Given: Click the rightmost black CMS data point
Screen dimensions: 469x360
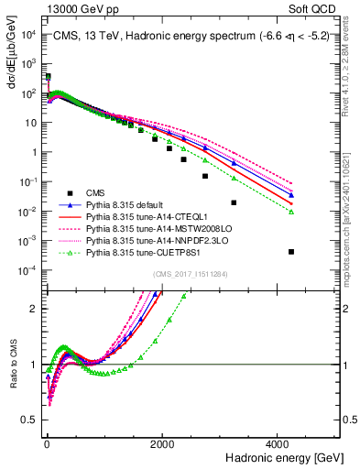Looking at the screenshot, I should pos(291,252).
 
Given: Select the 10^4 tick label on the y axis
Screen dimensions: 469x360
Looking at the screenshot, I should pos(28,35).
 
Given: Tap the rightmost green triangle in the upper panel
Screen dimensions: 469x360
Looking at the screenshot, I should pos(291,212).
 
